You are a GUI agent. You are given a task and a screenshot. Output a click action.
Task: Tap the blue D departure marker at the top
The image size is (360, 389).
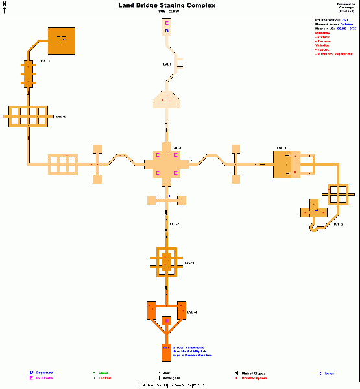166,31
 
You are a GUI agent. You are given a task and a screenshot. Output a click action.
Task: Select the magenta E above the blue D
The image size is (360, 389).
166,23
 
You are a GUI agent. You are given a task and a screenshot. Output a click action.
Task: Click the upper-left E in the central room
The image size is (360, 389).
158,155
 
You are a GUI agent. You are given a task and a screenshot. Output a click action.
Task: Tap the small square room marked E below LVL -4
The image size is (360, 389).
167,321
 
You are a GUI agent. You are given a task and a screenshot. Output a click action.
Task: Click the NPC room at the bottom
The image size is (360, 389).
166,351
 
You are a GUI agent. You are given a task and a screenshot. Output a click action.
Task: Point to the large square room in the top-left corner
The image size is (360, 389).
61,41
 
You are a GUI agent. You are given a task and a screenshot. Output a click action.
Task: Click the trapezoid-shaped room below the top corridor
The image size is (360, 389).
167,98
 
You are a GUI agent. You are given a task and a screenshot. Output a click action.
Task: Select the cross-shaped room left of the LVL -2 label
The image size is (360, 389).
314,212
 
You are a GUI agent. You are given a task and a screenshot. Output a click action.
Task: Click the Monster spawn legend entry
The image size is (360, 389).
254,378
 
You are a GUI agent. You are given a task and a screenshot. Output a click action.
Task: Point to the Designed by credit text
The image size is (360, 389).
346,4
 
